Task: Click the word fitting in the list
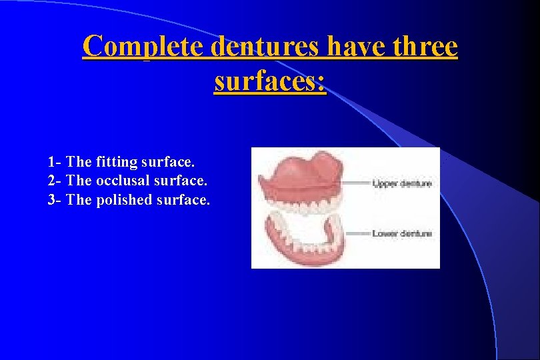[117, 161]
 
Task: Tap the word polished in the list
[126, 200]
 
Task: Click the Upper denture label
[402, 183]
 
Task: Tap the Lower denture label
[402, 233]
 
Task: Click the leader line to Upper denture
[353, 183]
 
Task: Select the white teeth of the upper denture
[303, 207]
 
